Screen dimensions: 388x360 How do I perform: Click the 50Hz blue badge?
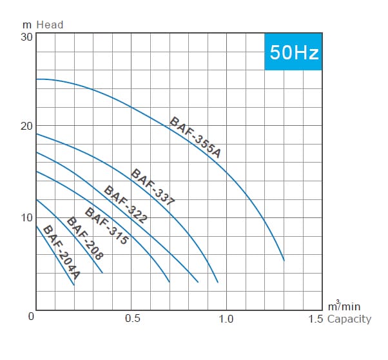pos(293,52)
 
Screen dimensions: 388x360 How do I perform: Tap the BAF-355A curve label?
pos(195,137)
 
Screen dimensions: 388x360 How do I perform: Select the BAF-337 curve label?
pos(153,187)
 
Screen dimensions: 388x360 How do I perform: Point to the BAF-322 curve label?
pos(126,205)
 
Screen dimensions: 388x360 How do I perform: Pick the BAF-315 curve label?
pos(106,226)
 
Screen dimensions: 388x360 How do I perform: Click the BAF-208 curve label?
pos(85,238)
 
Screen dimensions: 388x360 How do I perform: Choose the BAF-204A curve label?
pos(61,252)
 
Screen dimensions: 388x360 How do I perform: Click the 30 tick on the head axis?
pos(26,37)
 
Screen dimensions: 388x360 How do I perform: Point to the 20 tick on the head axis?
pos(26,126)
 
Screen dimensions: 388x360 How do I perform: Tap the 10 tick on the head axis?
pos(26,218)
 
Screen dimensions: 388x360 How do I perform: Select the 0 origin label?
pos(31,316)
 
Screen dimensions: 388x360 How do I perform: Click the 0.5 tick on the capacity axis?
pos(133,318)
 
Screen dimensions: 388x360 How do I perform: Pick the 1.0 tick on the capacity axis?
pos(226,319)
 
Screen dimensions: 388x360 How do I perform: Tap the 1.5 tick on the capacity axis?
pos(316,319)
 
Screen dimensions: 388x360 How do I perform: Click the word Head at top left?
pos(50,25)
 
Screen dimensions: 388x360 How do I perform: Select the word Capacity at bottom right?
pos(349,319)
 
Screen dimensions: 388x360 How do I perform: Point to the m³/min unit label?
pos(344,306)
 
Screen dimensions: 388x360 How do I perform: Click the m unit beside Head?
pos(27,25)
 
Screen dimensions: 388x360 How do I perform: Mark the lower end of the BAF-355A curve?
pos(284,261)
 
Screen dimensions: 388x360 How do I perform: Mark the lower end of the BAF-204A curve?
pos(74,285)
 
